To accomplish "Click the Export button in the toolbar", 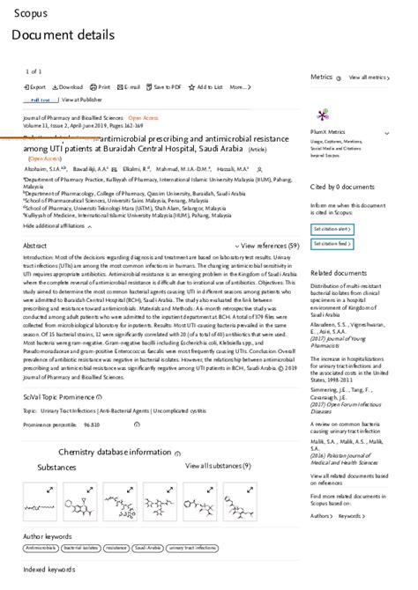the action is (35, 87).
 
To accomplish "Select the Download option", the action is (69, 87).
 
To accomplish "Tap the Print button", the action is (101, 87).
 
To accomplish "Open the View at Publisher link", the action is (82, 100).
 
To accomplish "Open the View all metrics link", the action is (368, 77).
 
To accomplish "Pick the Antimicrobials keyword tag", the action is (41, 548).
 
